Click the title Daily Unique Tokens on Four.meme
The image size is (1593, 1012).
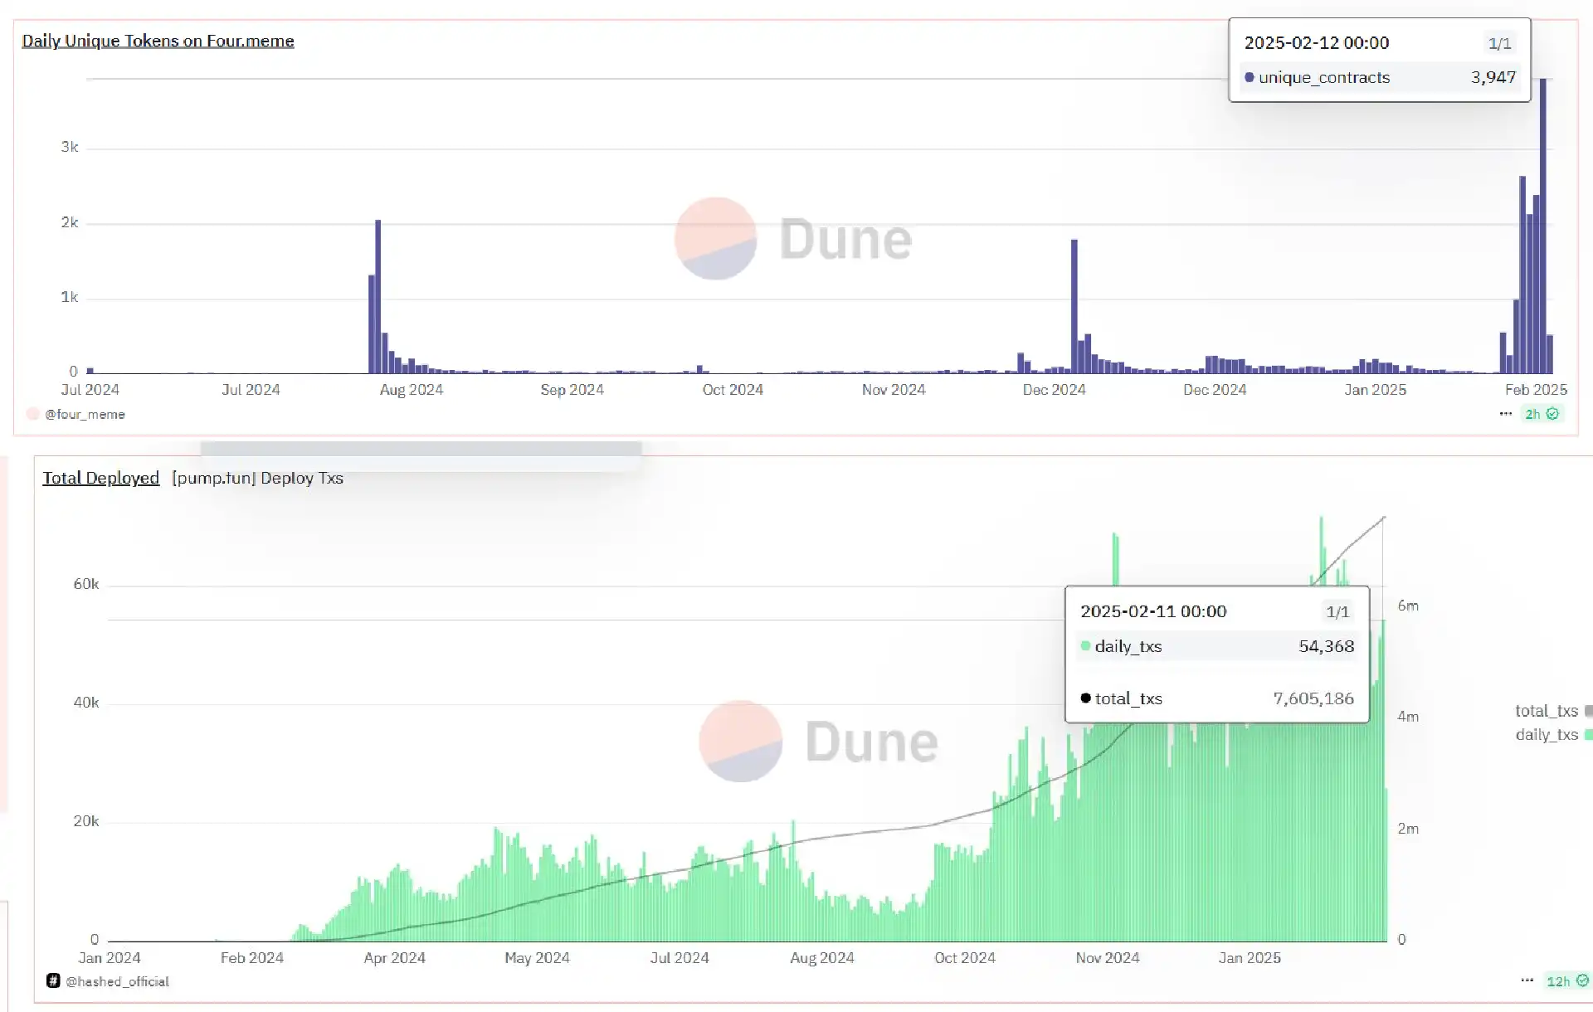[158, 41]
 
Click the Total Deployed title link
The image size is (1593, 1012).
[100, 478]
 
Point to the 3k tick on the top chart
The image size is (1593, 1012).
[70, 147]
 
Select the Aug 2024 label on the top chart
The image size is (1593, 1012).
[412, 390]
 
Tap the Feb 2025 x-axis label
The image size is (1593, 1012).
[1536, 390]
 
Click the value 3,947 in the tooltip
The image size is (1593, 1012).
[1493, 77]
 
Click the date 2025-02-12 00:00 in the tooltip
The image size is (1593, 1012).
[1316, 43]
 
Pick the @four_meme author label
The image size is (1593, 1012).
[85, 414]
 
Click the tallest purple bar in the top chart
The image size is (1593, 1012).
[1543, 224]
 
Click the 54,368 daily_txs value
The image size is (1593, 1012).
[1326, 646]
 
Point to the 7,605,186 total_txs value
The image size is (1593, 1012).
[1313, 698]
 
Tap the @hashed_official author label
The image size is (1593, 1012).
[117, 981]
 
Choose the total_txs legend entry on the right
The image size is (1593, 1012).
[1547, 711]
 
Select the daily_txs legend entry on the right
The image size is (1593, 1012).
[1547, 734]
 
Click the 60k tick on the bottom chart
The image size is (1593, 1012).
[86, 584]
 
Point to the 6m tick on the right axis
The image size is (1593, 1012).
[1408, 606]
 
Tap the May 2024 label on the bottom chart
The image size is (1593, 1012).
[537, 958]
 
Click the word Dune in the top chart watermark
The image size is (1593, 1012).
[845, 240]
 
